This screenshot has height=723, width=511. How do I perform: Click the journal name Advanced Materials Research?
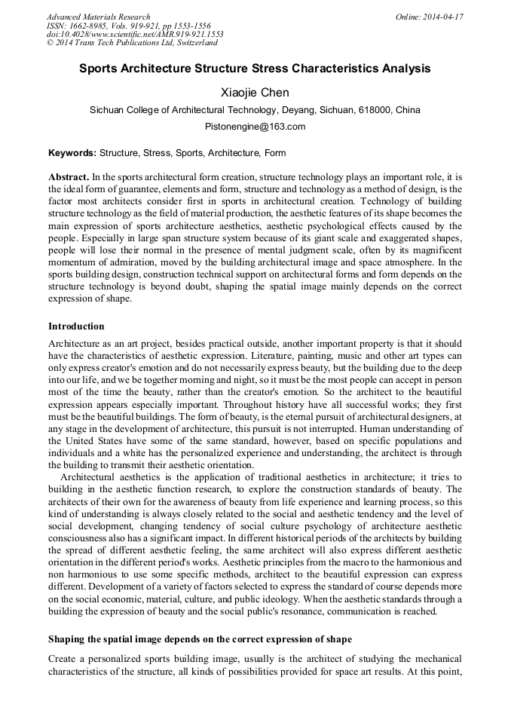click(98, 17)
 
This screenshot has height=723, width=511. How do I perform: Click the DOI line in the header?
click(135, 35)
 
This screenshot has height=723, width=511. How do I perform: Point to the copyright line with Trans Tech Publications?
click(132, 44)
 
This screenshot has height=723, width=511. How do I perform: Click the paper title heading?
click(255, 69)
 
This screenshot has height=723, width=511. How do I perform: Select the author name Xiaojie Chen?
click(255, 93)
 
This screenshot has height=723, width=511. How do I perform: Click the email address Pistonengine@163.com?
click(255, 127)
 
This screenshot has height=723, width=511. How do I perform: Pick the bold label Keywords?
click(72, 153)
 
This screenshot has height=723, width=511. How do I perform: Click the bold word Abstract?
click(69, 176)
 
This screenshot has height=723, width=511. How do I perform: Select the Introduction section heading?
click(76, 326)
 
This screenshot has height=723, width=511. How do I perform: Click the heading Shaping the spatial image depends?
click(200, 639)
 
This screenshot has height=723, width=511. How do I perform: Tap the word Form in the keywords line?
click(274, 153)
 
